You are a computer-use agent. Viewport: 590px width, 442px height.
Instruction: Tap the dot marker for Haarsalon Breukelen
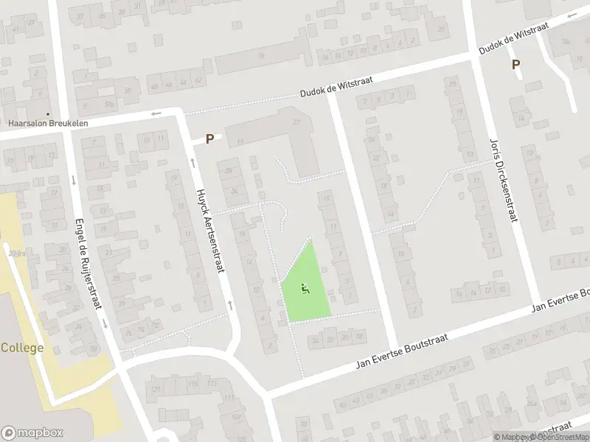pos(48,114)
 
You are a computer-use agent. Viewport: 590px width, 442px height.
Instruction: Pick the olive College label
pos(22,348)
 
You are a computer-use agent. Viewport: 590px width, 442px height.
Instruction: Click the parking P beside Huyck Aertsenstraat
pos(210,138)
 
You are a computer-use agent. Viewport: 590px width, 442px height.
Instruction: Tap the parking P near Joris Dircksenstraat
pos(516,65)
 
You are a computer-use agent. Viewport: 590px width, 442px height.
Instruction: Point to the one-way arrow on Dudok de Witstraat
pos(156,113)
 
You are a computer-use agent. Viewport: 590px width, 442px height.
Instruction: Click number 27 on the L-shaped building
pos(297,122)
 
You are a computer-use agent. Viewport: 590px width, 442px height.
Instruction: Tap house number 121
pos(156,385)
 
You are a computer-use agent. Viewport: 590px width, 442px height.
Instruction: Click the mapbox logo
pos(32,433)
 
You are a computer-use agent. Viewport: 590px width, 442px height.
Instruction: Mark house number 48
pos(154,86)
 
